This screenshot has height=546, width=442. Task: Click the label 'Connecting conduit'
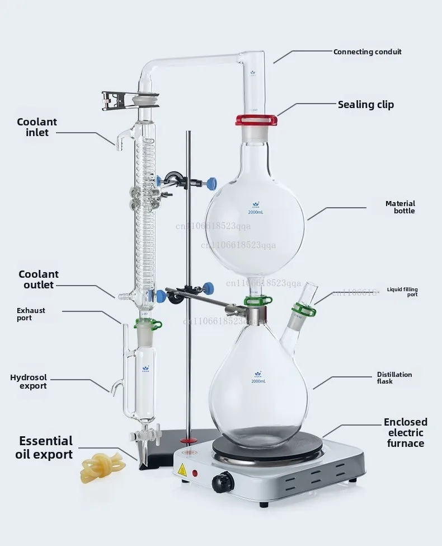click(x=367, y=52)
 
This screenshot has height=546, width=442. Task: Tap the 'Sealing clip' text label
click(x=365, y=105)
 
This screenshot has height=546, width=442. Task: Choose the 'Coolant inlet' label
click(x=37, y=127)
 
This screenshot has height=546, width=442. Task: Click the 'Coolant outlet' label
click(x=38, y=279)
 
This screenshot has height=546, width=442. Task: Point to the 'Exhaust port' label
click(x=31, y=314)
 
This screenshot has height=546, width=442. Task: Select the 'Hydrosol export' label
click(x=29, y=381)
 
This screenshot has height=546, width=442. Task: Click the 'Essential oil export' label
click(x=45, y=447)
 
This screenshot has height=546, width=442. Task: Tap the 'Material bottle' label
click(x=400, y=207)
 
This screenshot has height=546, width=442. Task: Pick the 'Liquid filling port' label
click(x=402, y=292)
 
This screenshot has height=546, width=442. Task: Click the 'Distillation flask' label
click(x=394, y=378)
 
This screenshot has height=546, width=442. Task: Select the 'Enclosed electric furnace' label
click(x=405, y=432)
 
